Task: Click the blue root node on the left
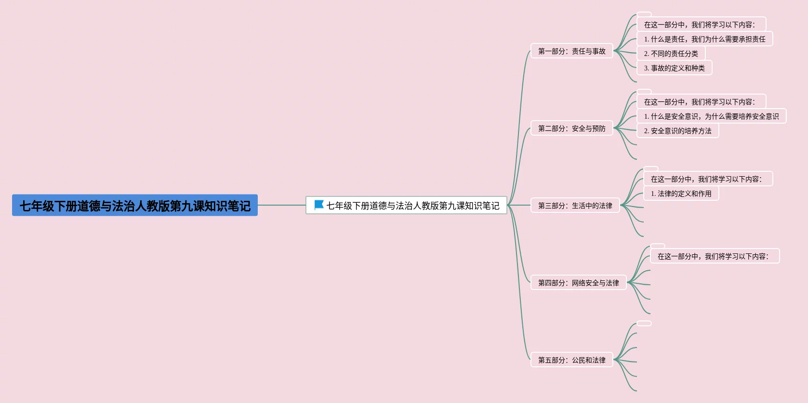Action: click(x=135, y=206)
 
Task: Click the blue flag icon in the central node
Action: click(x=318, y=205)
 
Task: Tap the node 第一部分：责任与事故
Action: click(x=571, y=51)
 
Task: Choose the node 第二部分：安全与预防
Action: click(x=571, y=128)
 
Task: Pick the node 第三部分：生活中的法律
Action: click(x=575, y=206)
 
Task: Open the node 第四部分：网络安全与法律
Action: click(x=578, y=283)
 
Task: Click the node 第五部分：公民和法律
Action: click(x=571, y=360)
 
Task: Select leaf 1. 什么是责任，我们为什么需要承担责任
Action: click(x=704, y=39)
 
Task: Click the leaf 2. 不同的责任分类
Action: click(x=671, y=54)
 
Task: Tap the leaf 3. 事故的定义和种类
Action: click(x=674, y=68)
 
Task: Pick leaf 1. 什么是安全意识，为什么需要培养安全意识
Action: click(x=711, y=116)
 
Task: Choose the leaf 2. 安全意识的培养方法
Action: click(x=677, y=131)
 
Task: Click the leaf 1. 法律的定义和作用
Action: click(x=681, y=194)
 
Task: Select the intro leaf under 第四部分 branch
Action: click(x=715, y=256)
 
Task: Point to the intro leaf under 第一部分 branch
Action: click(x=701, y=25)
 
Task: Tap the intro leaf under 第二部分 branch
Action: click(x=701, y=102)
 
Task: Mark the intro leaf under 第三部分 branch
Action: click(x=708, y=179)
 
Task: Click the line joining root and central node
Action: click(x=282, y=205)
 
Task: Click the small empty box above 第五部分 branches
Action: click(x=644, y=323)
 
